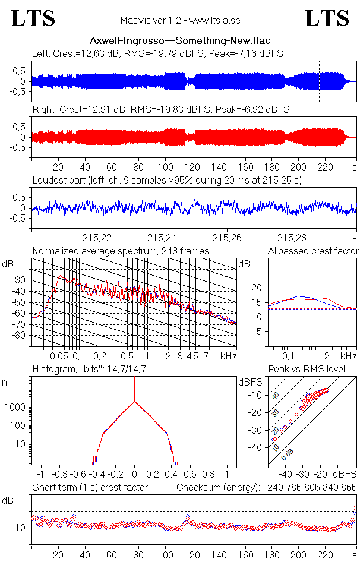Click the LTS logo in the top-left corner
tap(33, 18)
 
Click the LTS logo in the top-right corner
tap(327, 18)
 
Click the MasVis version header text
tap(179, 21)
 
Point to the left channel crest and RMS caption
tap(157, 53)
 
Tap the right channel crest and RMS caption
tap(160, 110)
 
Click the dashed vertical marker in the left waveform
tap(319, 81)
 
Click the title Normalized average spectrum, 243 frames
tap(121, 251)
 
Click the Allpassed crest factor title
tap(313, 251)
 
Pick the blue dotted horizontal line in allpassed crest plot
tap(312, 309)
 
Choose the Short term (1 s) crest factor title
tap(90, 488)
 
